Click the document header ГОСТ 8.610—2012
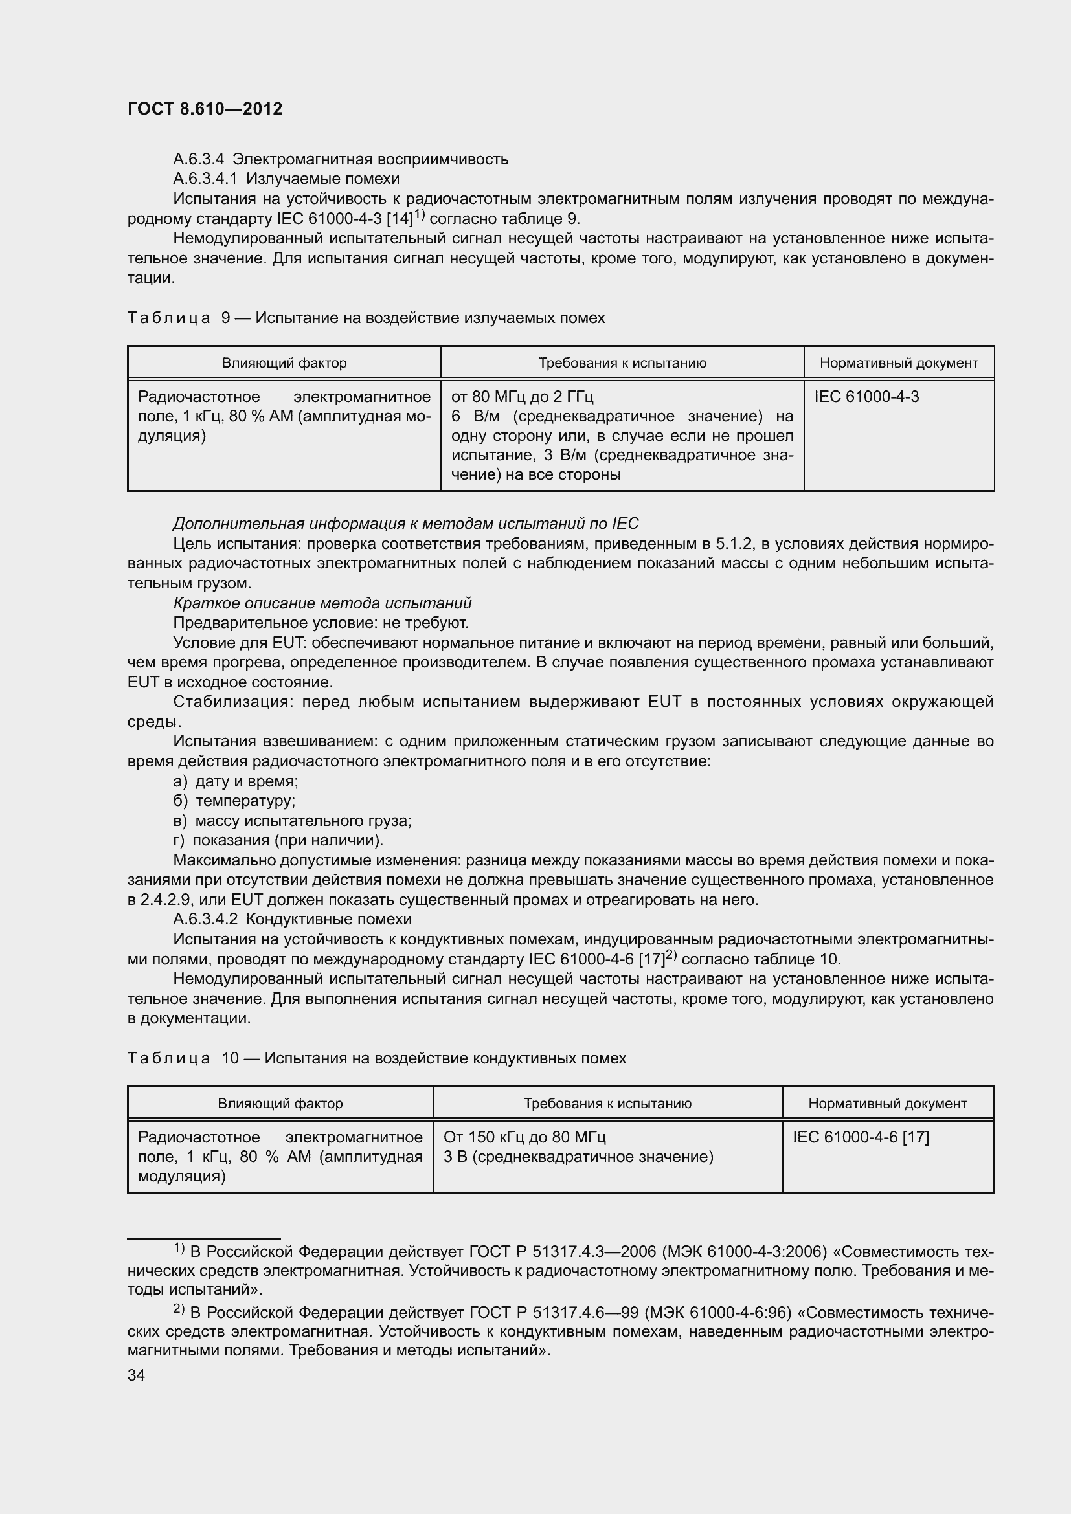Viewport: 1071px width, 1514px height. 205,109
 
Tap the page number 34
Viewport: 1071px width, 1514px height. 136,1375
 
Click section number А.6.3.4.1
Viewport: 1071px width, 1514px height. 205,179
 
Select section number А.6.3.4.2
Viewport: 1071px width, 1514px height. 205,919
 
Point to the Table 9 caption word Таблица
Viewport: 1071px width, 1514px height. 169,318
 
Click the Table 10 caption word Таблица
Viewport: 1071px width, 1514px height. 169,1058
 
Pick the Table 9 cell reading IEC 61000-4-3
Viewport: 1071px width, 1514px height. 866,397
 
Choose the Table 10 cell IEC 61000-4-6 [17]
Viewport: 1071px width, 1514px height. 860,1137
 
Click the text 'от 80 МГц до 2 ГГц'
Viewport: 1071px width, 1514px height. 523,397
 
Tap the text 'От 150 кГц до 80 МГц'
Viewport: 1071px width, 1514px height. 524,1137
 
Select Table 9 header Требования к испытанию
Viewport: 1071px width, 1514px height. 622,362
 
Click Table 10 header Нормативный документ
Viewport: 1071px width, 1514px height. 887,1103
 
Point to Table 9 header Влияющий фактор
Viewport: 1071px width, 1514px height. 284,362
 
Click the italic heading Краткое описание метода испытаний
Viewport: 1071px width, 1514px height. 322,603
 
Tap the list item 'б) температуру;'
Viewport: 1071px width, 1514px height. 234,801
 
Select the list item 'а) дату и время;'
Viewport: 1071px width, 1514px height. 236,781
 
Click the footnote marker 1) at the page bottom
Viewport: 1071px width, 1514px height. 179,1248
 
